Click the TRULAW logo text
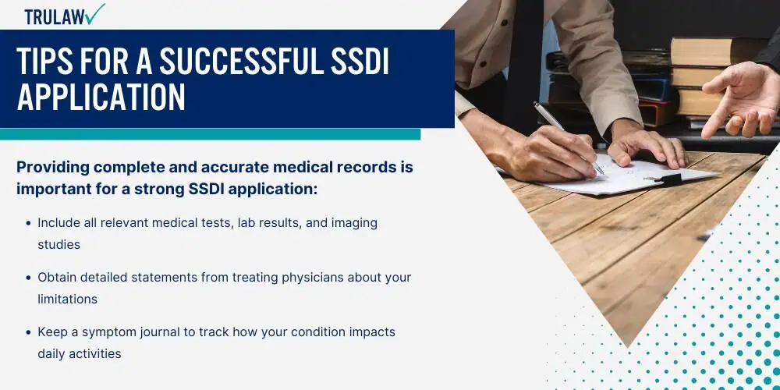click(55, 17)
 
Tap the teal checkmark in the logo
click(95, 13)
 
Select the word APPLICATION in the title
click(101, 97)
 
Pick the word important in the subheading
click(48, 190)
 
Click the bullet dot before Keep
click(29, 331)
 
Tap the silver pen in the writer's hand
click(569, 138)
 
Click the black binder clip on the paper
click(668, 179)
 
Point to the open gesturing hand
click(741, 99)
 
